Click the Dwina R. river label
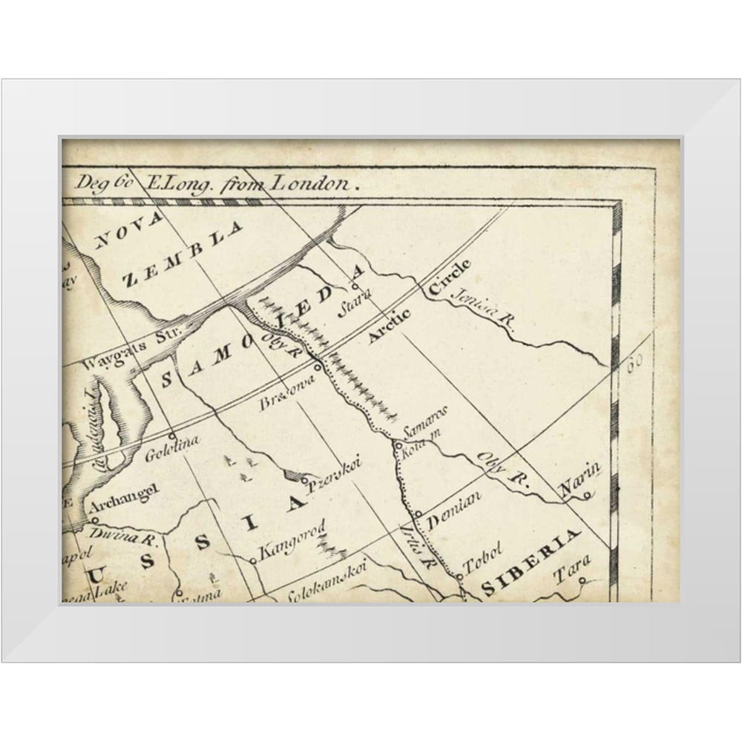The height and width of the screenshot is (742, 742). click(114, 536)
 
